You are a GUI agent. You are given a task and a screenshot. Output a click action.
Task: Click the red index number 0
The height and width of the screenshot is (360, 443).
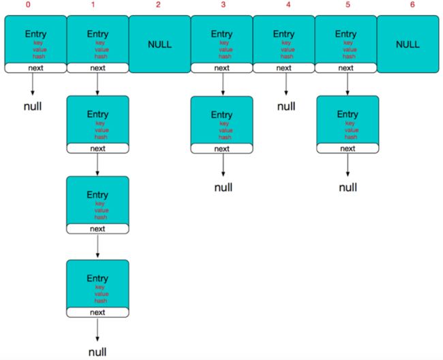tap(28, 5)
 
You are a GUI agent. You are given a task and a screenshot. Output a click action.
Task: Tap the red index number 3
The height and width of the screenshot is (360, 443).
tap(223, 5)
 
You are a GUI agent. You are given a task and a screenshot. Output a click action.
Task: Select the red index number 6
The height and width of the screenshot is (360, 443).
tap(412, 5)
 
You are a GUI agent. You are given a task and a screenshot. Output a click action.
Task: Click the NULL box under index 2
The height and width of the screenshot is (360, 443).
tap(159, 44)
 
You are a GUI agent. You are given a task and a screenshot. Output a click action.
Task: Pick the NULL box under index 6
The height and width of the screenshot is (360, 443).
tap(408, 44)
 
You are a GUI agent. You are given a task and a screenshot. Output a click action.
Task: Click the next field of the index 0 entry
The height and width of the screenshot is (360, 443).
tap(35, 68)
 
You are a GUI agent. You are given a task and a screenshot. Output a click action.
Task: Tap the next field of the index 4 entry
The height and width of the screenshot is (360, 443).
tap(284, 68)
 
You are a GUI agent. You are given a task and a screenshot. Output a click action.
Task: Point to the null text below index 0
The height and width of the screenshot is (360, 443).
tap(33, 106)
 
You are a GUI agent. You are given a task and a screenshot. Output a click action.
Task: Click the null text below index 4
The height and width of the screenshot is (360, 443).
tap(286, 106)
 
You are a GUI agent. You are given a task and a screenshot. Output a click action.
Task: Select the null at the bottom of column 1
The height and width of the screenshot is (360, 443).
tap(97, 352)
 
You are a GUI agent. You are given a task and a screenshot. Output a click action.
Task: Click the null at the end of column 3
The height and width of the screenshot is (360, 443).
tap(223, 187)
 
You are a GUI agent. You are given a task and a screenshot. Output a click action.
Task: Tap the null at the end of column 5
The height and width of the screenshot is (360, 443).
tap(348, 187)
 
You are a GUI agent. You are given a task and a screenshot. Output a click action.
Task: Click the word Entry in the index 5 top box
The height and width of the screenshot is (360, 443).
tap(346, 34)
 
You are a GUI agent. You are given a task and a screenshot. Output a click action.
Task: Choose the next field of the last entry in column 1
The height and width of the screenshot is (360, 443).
tap(97, 312)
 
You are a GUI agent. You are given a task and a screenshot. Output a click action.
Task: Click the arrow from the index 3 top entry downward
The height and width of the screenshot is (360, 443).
tap(223, 84)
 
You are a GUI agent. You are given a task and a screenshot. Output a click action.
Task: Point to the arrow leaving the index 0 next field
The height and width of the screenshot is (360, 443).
tap(33, 84)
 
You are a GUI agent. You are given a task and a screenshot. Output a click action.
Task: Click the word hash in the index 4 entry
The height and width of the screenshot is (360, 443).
tap(287, 57)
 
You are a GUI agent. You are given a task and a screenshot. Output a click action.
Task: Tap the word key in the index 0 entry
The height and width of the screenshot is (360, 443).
tap(38, 43)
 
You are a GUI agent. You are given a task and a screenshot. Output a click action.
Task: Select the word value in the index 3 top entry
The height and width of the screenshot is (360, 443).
tap(226, 50)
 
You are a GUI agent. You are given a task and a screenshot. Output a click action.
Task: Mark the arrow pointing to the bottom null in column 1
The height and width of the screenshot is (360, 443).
tap(97, 330)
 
